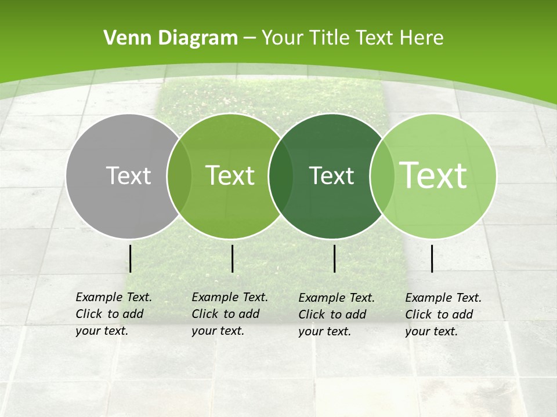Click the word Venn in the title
tap(123, 38)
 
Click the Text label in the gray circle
tap(128, 175)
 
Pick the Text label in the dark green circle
tap(331, 175)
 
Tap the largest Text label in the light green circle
tap(433, 175)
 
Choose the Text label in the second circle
tap(230, 175)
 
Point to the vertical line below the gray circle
tap(131, 258)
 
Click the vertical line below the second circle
tap(232, 258)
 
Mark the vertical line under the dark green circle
tap(335, 258)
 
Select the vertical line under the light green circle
tap(432, 258)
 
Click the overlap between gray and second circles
tap(179, 176)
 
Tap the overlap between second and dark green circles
tap(281, 176)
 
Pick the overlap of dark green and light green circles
tap(382, 176)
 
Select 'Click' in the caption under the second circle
tap(205, 314)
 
